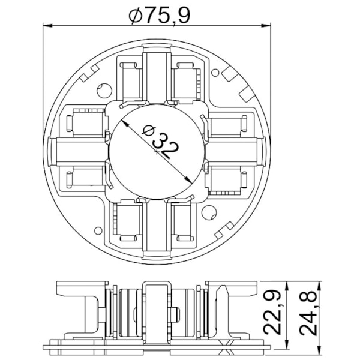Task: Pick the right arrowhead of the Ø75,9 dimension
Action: [266, 25]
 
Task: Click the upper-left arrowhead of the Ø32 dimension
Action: [125, 124]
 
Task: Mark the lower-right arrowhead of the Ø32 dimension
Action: [188, 180]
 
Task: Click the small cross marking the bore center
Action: [157, 152]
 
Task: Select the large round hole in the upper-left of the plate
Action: [104, 91]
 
